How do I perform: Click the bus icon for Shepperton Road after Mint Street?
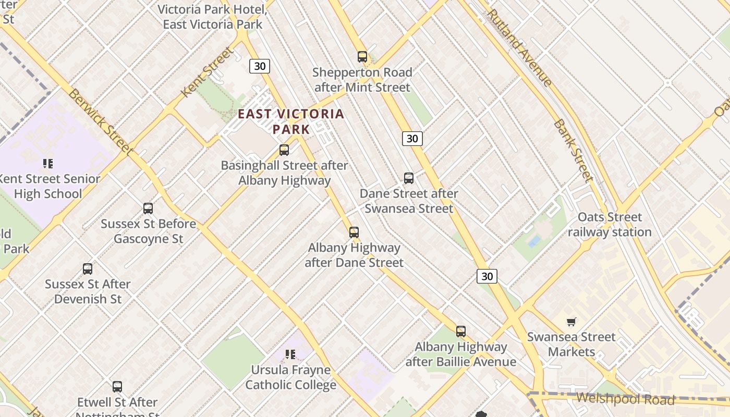[x=362, y=56]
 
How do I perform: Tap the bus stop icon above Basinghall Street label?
[x=284, y=150]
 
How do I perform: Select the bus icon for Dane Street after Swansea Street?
[x=409, y=178]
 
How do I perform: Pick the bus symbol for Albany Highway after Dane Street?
[x=354, y=232]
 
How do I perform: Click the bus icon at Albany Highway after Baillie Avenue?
[x=461, y=332]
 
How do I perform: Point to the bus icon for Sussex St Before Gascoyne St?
[x=148, y=208]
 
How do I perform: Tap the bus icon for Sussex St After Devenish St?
[x=88, y=269]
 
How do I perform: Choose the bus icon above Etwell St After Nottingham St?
[x=117, y=387]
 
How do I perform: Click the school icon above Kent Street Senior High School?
[x=48, y=164]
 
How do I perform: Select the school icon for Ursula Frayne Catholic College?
[x=290, y=355]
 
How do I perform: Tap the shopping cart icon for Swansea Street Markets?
[x=571, y=322]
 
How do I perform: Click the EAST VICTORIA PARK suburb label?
[x=291, y=121]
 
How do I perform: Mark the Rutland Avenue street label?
[x=519, y=47]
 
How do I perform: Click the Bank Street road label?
[x=573, y=151]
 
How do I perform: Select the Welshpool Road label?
[x=625, y=400]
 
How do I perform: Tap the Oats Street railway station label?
[x=610, y=225]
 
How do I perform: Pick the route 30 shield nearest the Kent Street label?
[x=260, y=66]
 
